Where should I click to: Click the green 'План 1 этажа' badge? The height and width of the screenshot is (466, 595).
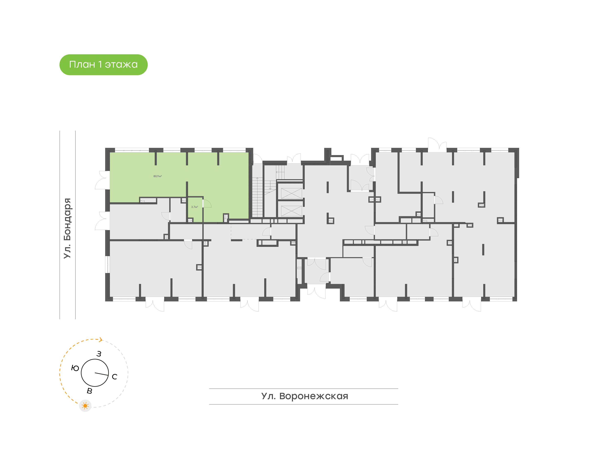(103, 65)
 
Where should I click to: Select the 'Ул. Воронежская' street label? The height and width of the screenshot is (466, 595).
(305, 396)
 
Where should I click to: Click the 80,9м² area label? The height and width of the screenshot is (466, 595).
(157, 176)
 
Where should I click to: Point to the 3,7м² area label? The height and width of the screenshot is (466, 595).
(194, 207)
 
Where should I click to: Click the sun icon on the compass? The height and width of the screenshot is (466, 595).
(85, 406)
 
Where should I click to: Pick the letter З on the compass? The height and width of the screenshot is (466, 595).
(99, 354)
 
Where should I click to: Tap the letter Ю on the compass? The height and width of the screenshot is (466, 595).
(75, 368)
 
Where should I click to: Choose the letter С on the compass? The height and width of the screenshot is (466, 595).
(114, 377)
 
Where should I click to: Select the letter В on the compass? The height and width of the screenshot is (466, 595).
(89, 391)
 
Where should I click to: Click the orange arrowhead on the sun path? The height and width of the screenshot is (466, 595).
(101, 340)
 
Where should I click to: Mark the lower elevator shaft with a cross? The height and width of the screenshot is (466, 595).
(291, 211)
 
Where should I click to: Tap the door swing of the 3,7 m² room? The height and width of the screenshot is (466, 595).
(207, 204)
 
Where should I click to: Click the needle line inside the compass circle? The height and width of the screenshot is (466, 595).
(101, 374)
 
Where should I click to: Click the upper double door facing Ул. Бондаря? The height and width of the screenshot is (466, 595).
(102, 180)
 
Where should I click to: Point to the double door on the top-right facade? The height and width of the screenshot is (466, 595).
(437, 145)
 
